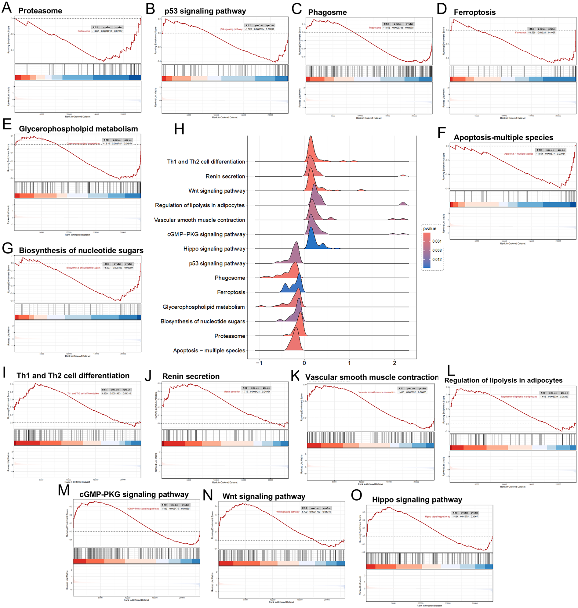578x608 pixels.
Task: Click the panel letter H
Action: (179, 129)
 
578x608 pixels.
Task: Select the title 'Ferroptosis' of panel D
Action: (474, 12)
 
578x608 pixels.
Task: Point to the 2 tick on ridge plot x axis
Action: (394, 363)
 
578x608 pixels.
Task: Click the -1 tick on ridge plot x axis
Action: (259, 363)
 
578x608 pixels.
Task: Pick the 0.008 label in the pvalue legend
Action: (437, 250)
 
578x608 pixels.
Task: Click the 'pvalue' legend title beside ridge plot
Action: (430, 228)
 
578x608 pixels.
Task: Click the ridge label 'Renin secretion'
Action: (225, 176)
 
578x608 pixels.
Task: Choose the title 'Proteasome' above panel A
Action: (40, 11)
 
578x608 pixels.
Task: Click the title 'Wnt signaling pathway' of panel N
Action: (264, 496)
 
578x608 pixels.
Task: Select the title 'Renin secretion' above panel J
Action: (191, 376)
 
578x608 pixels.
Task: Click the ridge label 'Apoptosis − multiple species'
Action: (209, 350)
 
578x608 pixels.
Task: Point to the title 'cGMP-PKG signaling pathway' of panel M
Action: (134, 495)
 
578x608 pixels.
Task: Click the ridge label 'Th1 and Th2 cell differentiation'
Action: (206, 162)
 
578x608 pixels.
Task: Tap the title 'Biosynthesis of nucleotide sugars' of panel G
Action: (81, 250)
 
